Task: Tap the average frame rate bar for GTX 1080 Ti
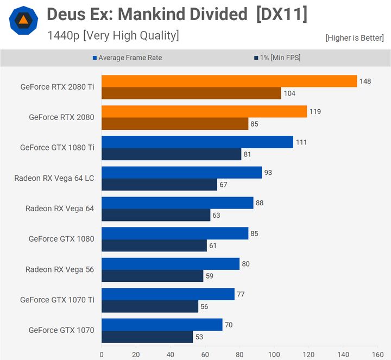pos(197,142)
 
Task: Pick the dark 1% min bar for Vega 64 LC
pos(159,185)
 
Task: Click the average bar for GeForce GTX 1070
pos(162,325)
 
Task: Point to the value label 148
pos(365,81)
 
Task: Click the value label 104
pos(289,93)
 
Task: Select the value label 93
pos(268,173)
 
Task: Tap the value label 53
pos(200,337)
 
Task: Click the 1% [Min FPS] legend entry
pos(276,58)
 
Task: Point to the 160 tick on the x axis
pos(376,354)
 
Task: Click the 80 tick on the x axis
pos(239,354)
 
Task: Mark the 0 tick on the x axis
pos(102,354)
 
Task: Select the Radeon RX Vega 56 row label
pos(60,269)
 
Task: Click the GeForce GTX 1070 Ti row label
pos(57,300)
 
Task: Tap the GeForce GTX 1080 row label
pos(61,239)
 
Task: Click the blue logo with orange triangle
pos(23,21)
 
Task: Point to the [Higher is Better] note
pos(355,38)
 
